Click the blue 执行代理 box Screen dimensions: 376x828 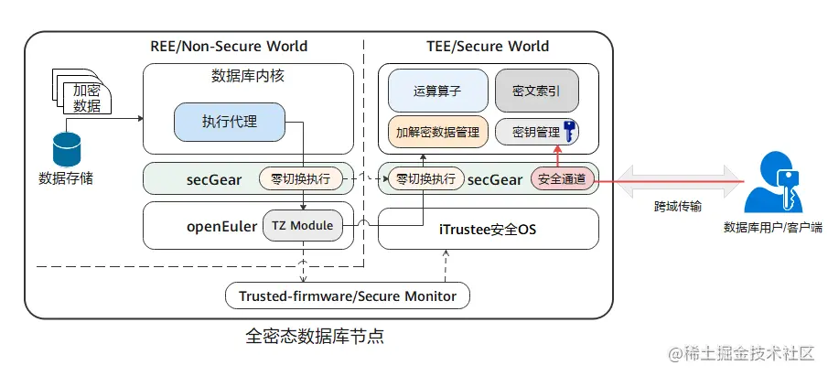tap(230, 122)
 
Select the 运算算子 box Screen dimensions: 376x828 tap(437, 91)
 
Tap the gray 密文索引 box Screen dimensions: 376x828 tap(537, 91)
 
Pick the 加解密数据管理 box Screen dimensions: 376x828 tap(438, 133)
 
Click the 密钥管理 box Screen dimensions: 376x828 tap(529, 133)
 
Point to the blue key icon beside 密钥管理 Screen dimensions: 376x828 tap(569, 132)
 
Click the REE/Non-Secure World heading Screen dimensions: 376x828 tap(229, 46)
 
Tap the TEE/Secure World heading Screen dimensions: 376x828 tap(488, 46)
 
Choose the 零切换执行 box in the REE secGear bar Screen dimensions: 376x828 tap(300, 178)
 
